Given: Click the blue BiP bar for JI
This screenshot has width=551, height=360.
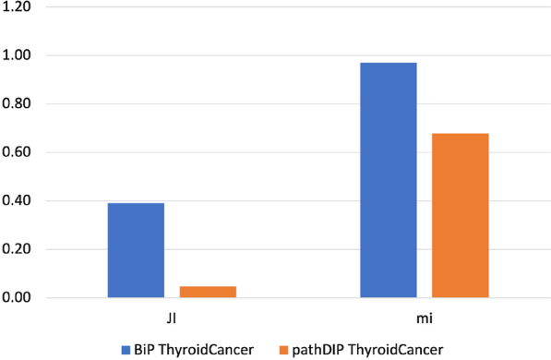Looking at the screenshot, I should [x=137, y=250].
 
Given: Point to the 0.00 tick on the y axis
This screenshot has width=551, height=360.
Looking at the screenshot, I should [x=19, y=298].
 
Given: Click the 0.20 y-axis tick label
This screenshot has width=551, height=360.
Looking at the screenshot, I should [x=19, y=249].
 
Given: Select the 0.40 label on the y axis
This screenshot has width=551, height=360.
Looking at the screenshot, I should [x=19, y=201].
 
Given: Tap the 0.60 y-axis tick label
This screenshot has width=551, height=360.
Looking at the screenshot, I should [x=19, y=152].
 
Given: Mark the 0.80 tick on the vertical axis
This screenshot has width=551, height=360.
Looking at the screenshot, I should [x=19, y=104].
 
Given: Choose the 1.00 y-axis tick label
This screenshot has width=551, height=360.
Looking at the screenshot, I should [x=19, y=55].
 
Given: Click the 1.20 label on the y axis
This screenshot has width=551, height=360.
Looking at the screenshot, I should [x=19, y=7].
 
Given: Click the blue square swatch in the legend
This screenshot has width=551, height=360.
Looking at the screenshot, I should [x=124, y=350].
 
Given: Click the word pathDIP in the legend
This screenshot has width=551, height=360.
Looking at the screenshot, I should [x=313, y=350].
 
